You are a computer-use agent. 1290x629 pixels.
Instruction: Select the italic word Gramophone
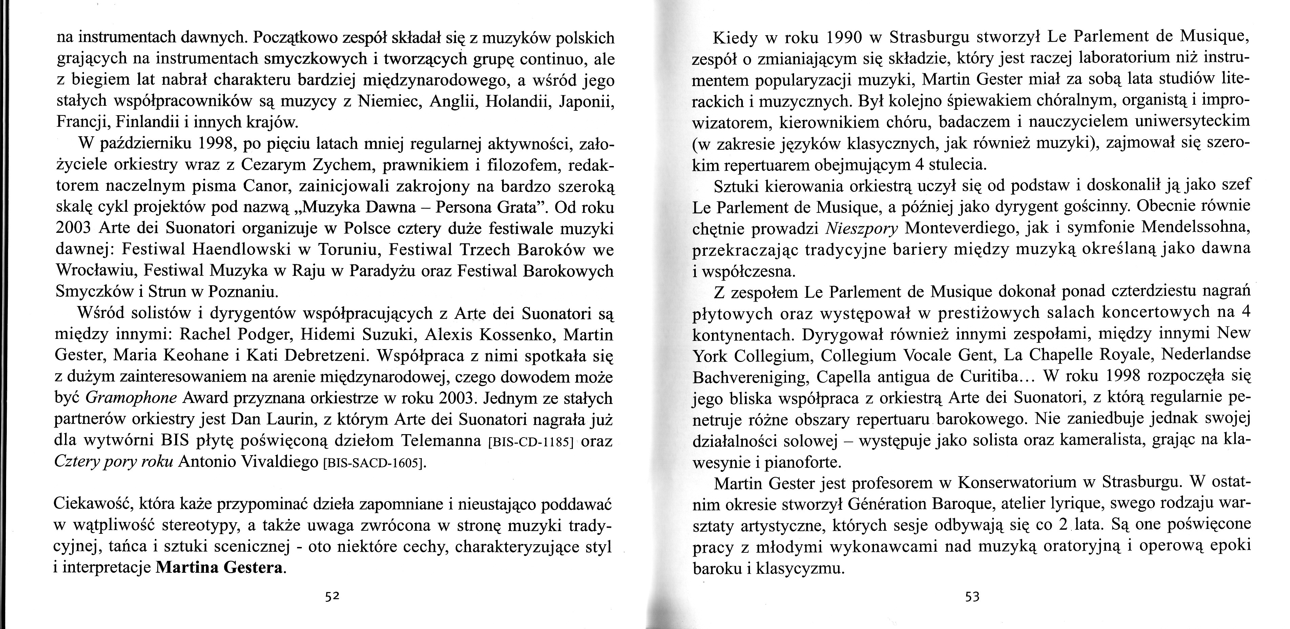tap(131, 398)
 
